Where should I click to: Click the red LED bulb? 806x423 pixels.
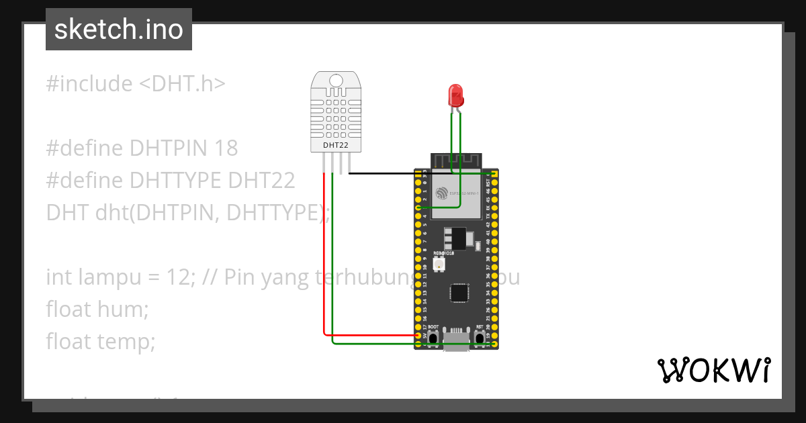coord(456,95)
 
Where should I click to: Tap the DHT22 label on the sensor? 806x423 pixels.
coord(335,144)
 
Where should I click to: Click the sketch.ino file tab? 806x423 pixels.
coord(119,30)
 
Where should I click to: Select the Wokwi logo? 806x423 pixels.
coord(713,370)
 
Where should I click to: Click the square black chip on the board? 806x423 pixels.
coord(459,293)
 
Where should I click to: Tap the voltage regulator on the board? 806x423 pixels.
coord(456,238)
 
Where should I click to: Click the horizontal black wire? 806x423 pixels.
coord(416,174)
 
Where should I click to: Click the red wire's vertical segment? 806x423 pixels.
coord(324,255)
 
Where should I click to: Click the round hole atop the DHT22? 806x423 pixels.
coord(336,81)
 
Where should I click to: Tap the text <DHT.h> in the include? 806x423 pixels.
coord(182,84)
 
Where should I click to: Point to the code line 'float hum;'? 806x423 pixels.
coord(97,310)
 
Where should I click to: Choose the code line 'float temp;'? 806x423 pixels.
coord(101,342)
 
